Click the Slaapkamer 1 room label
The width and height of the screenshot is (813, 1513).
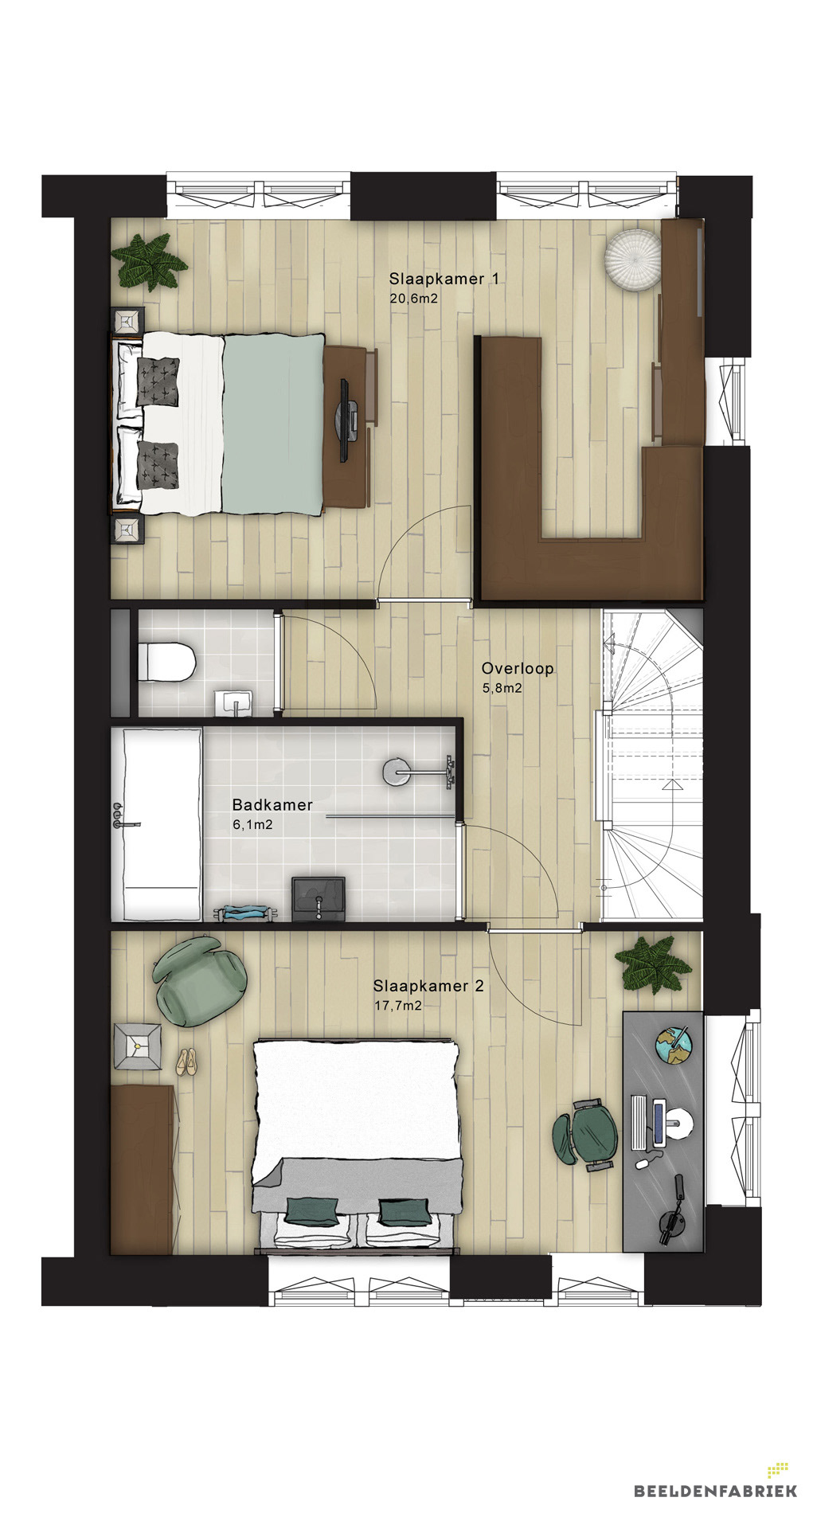(444, 279)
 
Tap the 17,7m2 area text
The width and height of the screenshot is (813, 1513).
(398, 1006)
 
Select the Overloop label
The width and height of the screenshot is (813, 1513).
(518, 669)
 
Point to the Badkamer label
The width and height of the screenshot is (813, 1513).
(272, 805)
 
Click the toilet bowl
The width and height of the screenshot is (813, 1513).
(167, 662)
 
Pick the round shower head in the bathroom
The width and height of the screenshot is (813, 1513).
(396, 770)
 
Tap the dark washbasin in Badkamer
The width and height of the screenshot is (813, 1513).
(319, 898)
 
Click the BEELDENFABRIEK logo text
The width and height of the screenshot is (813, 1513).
(715, 1490)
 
